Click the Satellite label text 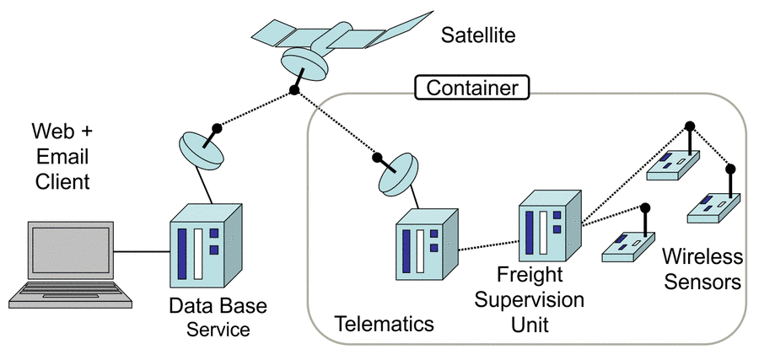pos(477,36)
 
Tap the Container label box pos(471,87)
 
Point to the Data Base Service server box pos(205,244)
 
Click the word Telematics pos(384,324)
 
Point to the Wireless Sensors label pos(702,268)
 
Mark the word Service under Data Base pos(218,330)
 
